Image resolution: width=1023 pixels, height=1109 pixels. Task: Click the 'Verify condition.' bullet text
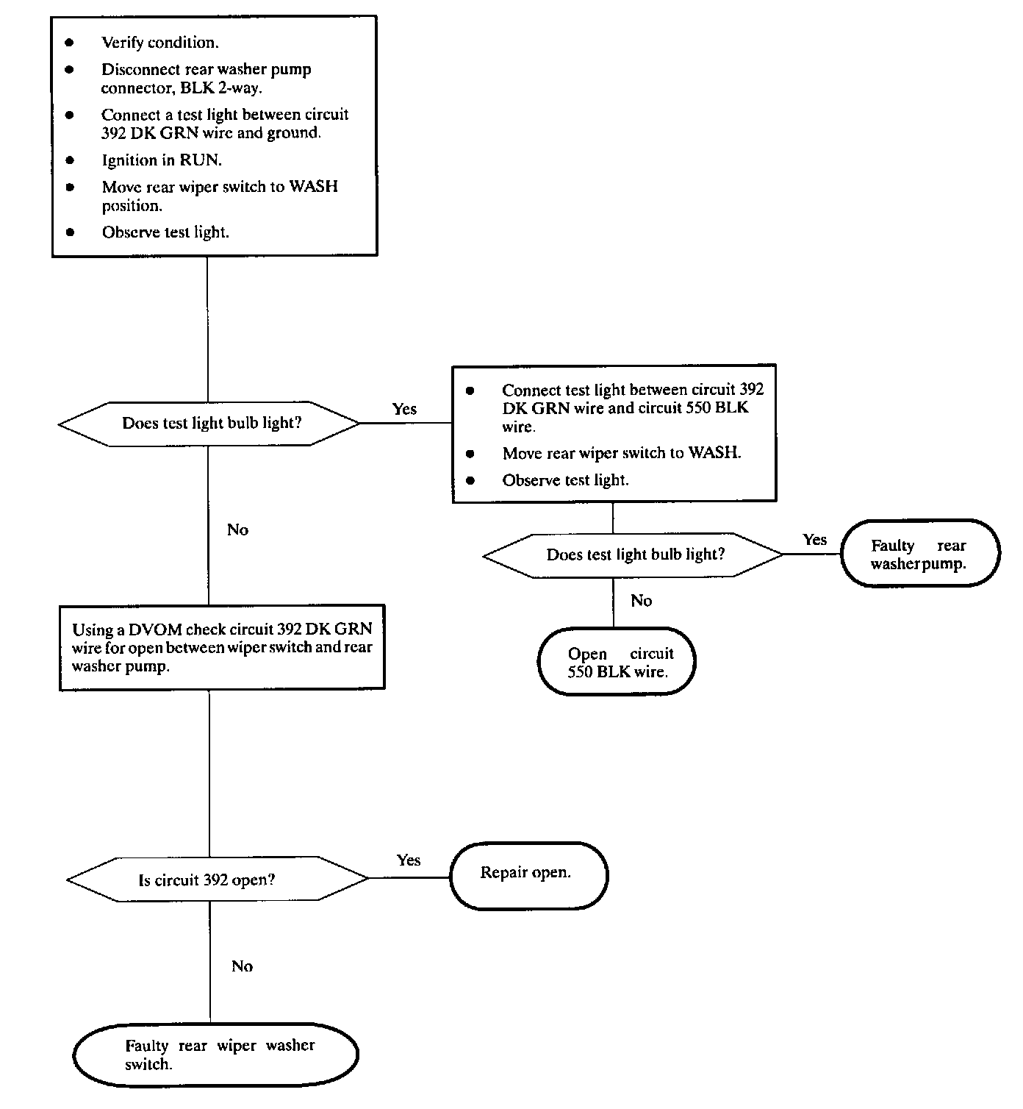159,43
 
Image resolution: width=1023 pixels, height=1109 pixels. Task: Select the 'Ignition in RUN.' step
161,160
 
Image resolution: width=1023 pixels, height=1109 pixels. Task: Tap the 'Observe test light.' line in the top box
165,232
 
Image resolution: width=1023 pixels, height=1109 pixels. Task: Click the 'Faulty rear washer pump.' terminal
920,553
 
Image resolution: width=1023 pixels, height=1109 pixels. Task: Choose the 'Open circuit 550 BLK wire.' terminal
617,662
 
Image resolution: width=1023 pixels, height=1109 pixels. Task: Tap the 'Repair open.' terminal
528,876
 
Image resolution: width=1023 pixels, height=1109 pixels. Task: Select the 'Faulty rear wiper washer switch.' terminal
215,1055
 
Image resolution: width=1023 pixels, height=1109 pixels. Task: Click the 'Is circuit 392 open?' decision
218,880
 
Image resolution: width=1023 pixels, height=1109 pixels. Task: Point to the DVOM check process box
222,647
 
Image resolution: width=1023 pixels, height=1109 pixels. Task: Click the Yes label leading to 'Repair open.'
409,860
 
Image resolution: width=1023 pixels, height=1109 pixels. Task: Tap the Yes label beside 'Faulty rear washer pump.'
815,539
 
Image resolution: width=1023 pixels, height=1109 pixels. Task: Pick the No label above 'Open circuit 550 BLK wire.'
642,601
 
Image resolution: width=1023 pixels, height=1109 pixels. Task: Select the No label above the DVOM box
238,530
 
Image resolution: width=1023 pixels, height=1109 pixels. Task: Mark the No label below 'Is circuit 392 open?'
243,966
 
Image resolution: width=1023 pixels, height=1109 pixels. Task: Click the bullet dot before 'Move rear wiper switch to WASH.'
470,454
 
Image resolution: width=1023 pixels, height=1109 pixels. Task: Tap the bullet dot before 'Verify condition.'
69,43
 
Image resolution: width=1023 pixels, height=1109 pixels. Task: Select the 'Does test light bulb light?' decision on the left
209,424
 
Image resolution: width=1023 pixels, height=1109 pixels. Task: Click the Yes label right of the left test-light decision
405,410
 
